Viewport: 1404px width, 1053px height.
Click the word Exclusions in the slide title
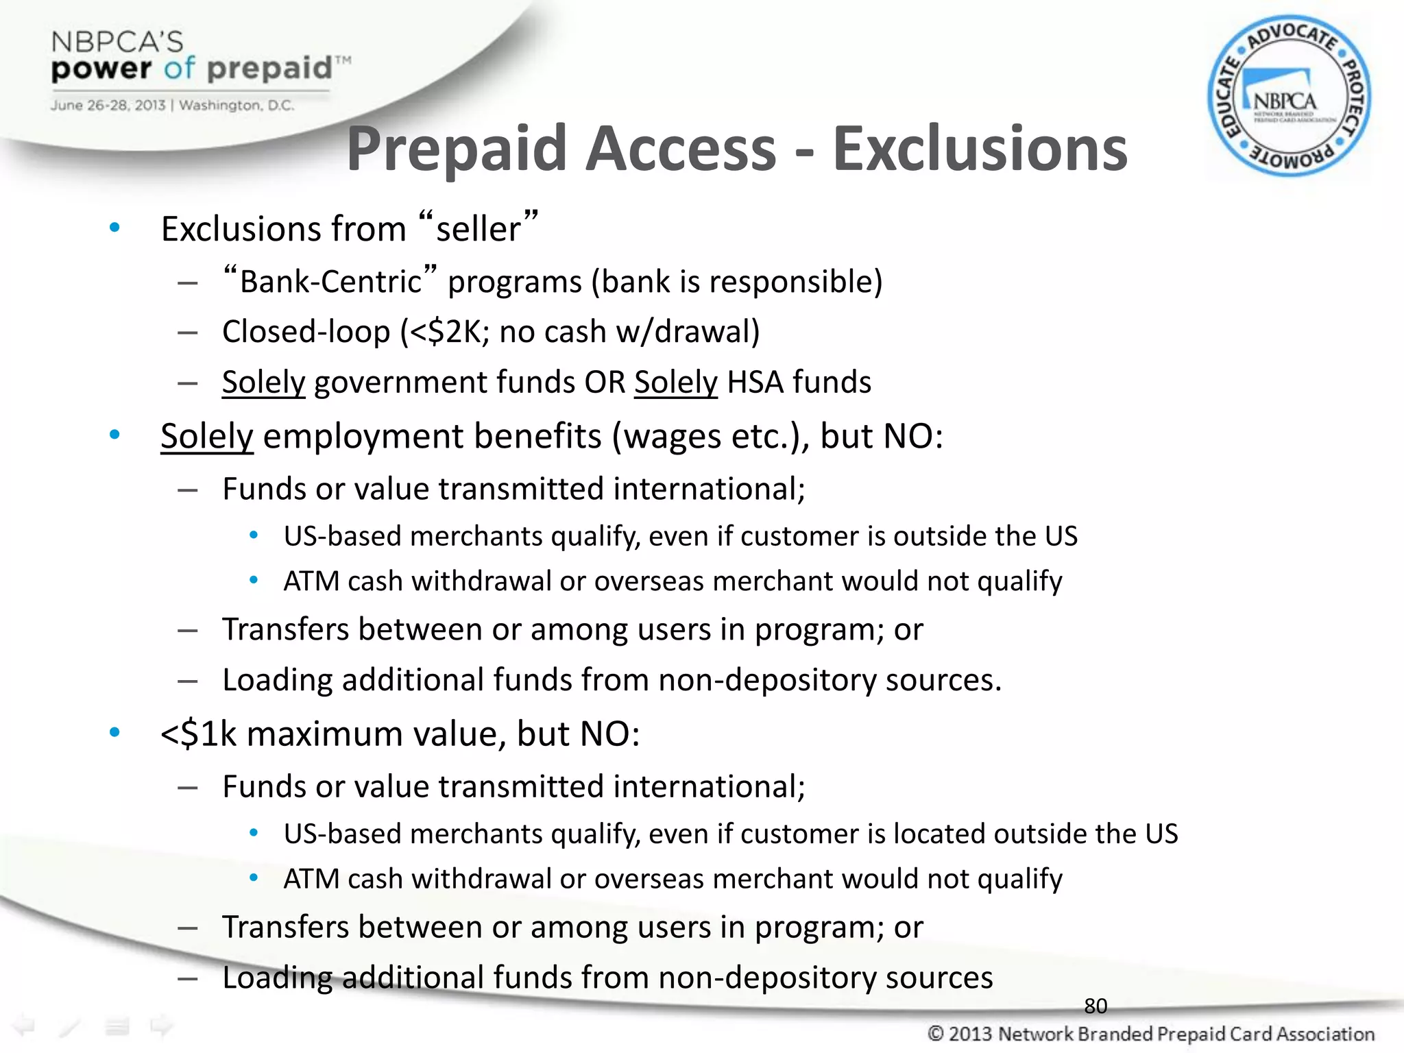click(x=980, y=149)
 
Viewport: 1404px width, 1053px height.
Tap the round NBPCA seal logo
click(x=1289, y=97)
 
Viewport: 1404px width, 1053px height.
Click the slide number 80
click(x=1096, y=1006)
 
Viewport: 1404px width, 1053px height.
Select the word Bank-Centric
click(x=330, y=282)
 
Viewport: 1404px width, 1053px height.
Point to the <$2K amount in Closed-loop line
click(x=444, y=332)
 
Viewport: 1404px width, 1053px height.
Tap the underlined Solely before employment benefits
click(x=207, y=436)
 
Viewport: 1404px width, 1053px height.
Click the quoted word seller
click(x=479, y=228)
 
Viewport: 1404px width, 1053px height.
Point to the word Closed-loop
click(x=306, y=332)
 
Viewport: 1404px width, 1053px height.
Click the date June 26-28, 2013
click(x=108, y=106)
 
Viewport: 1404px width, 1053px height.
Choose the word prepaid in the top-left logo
click(x=269, y=69)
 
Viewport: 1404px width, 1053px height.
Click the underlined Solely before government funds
click(x=263, y=382)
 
